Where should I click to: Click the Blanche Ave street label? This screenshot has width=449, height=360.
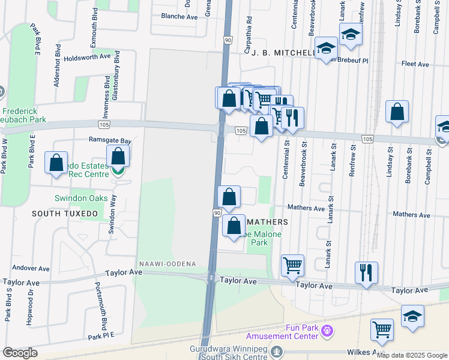175,17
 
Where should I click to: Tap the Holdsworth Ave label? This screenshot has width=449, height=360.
88,56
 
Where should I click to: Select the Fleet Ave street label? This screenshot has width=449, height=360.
415,64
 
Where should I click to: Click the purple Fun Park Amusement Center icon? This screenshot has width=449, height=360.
327,329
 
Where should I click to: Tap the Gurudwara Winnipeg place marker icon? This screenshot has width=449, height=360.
277,350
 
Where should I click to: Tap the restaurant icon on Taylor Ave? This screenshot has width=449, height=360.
366,273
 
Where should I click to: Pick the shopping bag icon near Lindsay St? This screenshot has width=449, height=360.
397,112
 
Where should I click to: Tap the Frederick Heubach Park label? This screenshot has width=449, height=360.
23,115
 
